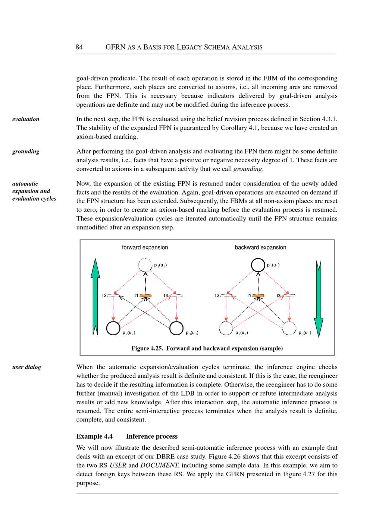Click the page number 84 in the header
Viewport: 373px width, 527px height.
pyautogui.click(x=79, y=47)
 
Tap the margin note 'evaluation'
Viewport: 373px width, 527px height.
pyautogui.click(x=26, y=119)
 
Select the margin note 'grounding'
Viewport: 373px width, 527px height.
pyautogui.click(x=26, y=151)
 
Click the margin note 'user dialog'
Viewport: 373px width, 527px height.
pyautogui.click(x=26, y=367)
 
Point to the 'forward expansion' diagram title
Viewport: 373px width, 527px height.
pyautogui.click(x=145, y=247)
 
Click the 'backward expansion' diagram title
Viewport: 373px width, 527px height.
pyautogui.click(x=260, y=247)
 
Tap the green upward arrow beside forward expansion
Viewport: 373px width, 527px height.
pyautogui.click(x=95, y=297)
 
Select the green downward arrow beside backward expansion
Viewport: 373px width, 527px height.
pyautogui.click(x=319, y=298)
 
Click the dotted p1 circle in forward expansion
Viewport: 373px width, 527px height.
pyautogui.click(x=145, y=265)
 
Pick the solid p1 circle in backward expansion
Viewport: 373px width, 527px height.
pyautogui.click(x=258, y=265)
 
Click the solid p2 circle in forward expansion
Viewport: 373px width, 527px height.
pyautogui.click(x=113, y=328)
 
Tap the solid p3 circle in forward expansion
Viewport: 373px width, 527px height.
pyautogui.click(x=176, y=328)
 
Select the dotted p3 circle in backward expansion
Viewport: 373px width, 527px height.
pyautogui.click(x=289, y=328)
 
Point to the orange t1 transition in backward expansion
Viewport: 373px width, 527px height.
pyautogui.click(x=258, y=296)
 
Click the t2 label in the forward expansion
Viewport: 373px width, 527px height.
pyautogui.click(x=104, y=296)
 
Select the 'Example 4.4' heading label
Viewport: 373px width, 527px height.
pyautogui.click(x=94, y=436)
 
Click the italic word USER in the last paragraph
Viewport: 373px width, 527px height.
pyautogui.click(x=118, y=465)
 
